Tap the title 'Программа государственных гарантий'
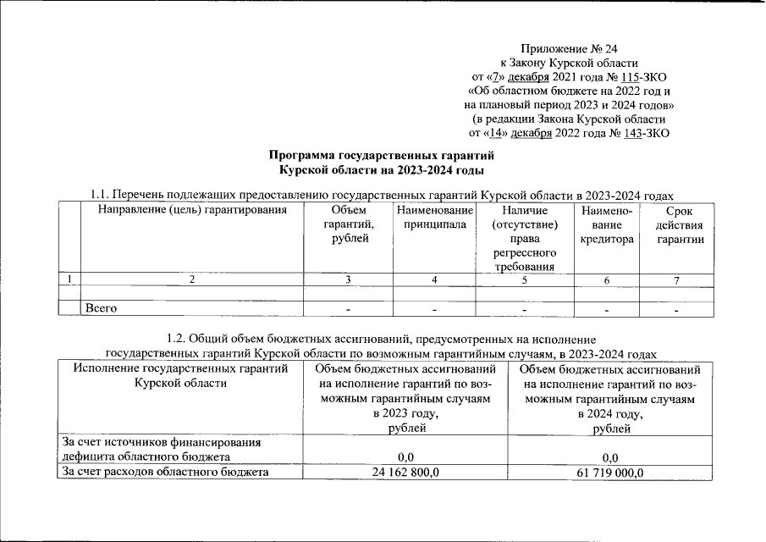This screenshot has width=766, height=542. pyautogui.click(x=380, y=156)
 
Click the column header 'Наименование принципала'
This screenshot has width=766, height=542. pyautogui.click(x=434, y=218)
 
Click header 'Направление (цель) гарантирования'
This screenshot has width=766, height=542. pyautogui.click(x=190, y=210)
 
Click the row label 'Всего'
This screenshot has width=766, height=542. pyautogui.click(x=100, y=308)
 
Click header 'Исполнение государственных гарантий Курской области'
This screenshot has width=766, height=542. pyautogui.click(x=175, y=377)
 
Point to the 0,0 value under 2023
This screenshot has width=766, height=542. pyautogui.click(x=405, y=457)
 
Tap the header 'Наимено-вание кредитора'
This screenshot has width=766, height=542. pyautogui.click(x=607, y=224)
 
